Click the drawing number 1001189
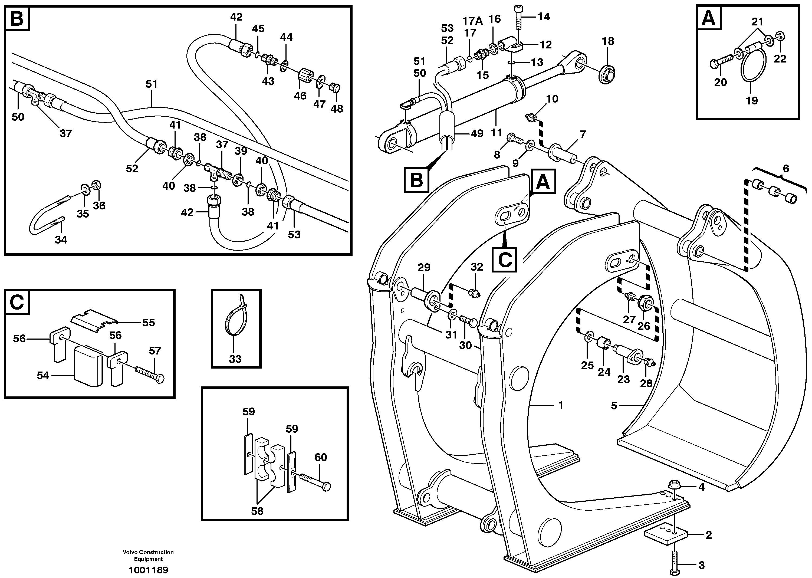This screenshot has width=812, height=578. click(148, 570)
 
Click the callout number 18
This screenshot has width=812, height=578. click(608, 41)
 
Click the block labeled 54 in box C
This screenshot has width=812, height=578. click(88, 367)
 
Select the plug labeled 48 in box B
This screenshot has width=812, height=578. click(335, 88)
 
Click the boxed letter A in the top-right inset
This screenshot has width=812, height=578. click(708, 18)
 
